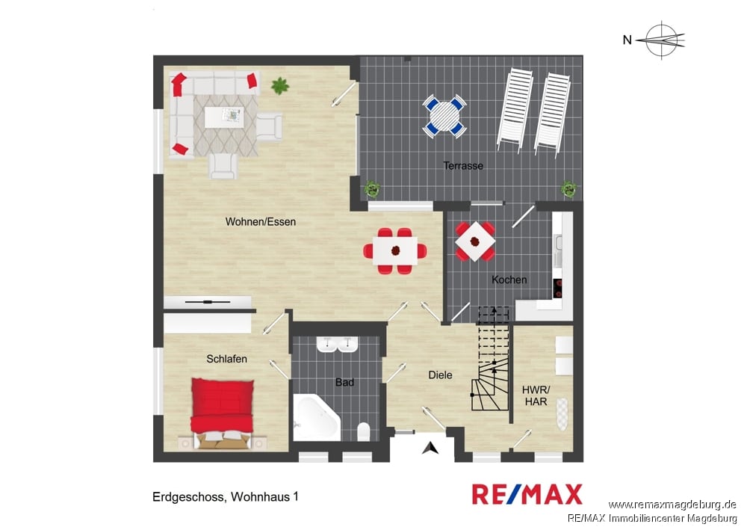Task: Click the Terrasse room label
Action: point(463,166)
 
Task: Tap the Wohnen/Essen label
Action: point(260,221)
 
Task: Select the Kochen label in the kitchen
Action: point(509,280)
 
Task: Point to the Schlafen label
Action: point(227,359)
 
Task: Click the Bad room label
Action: point(344,382)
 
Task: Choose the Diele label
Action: point(440,375)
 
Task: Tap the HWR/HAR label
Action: point(536,395)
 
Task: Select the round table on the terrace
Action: point(444,117)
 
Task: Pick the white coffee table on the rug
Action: point(224,117)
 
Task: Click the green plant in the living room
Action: point(280,86)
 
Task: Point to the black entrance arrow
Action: point(431,448)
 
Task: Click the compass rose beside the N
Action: point(662,40)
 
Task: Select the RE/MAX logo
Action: point(527,494)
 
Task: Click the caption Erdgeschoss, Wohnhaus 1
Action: point(226,496)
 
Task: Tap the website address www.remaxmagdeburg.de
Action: point(672,505)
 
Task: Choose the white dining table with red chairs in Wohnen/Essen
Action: point(395,250)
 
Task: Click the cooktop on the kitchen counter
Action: point(557,289)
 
